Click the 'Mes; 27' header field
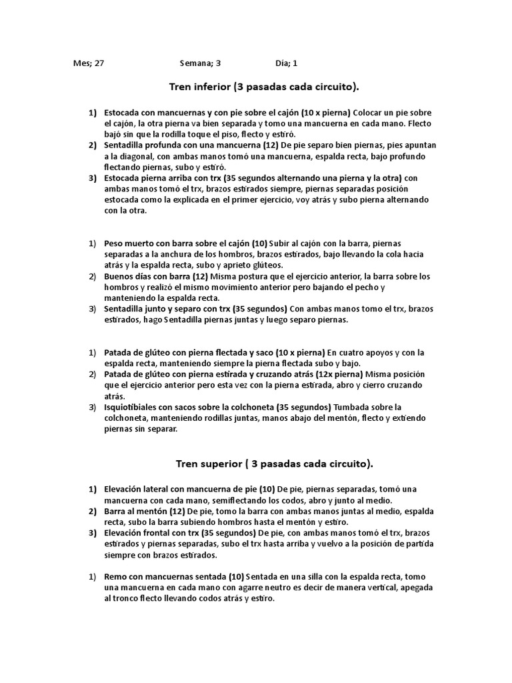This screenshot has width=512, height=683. pos(88,64)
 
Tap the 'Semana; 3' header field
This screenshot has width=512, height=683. pos(199,64)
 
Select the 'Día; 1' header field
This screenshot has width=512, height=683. pos(286,64)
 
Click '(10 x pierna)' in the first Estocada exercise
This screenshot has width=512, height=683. pos(325,113)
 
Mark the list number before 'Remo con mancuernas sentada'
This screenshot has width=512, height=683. pos(93,577)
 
